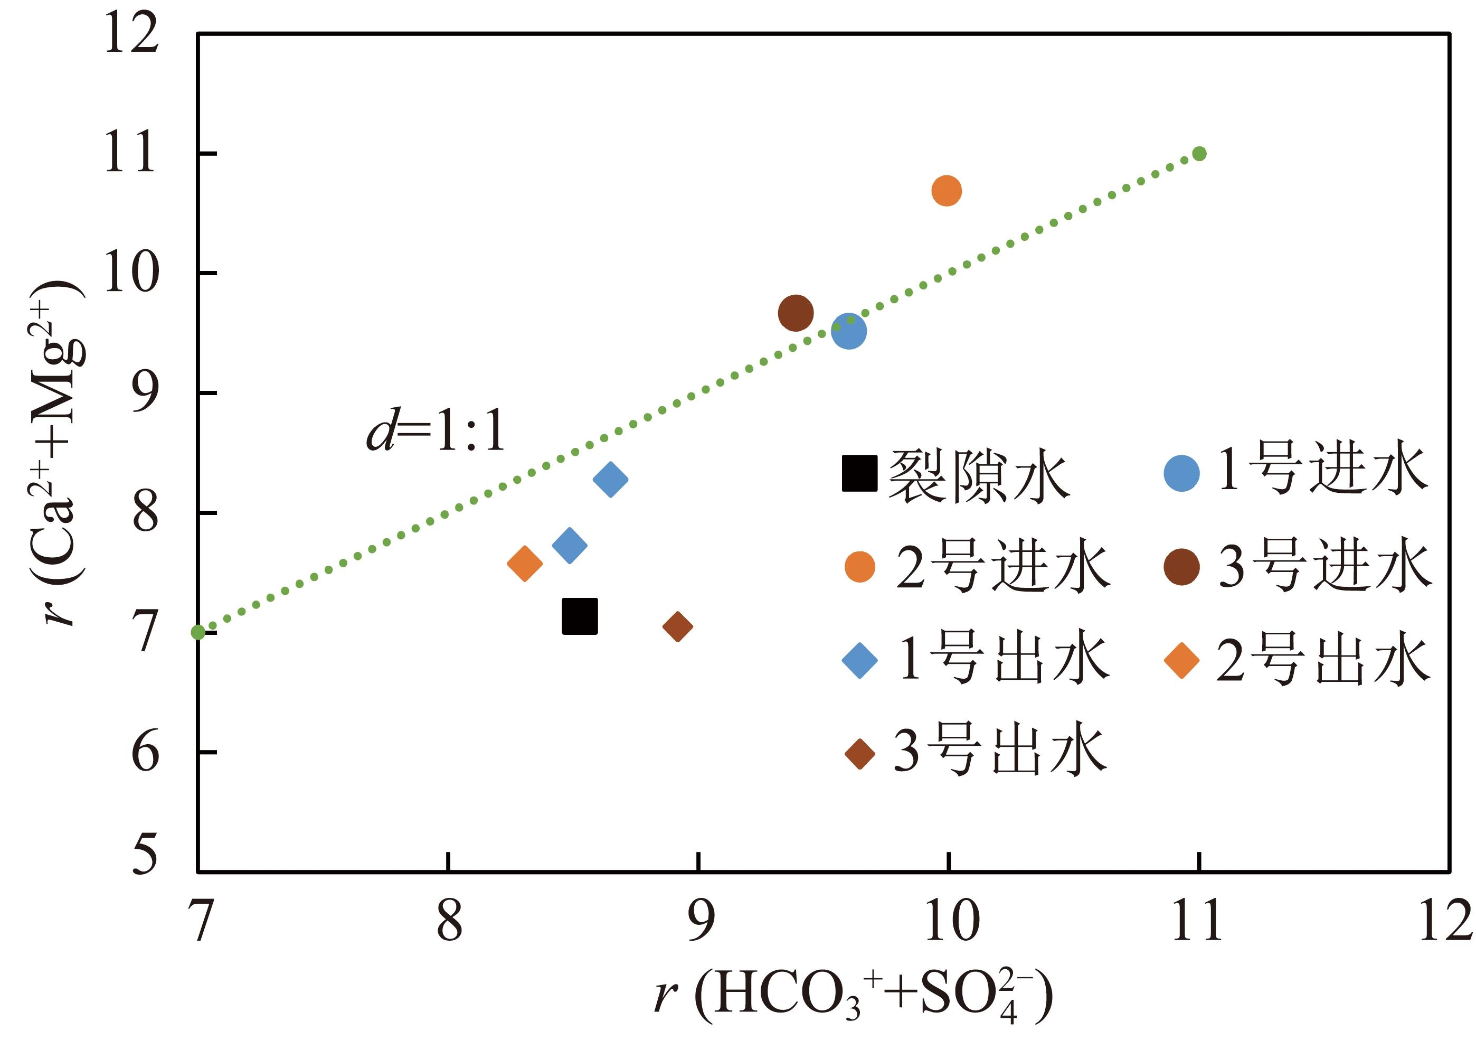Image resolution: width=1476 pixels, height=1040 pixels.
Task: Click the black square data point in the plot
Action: [x=579, y=616]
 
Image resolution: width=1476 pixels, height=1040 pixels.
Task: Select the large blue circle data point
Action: [x=848, y=331]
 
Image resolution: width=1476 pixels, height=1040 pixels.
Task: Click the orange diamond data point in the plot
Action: [x=525, y=564]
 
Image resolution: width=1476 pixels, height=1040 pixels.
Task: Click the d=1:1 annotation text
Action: [x=436, y=429]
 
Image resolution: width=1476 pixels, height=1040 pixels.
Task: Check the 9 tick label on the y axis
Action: [x=145, y=392]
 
